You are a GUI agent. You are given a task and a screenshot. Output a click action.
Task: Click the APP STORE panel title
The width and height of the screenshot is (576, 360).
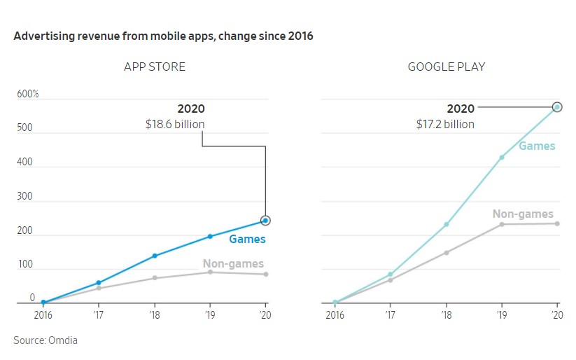click(x=155, y=67)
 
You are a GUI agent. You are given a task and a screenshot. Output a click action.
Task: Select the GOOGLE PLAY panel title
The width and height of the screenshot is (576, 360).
click(x=447, y=67)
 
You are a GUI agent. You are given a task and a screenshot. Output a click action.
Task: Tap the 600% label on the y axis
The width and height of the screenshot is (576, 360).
click(x=27, y=95)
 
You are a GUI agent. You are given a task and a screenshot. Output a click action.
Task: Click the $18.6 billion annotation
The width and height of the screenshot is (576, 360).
click(x=175, y=124)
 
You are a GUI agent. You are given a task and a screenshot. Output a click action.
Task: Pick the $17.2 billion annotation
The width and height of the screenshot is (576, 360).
click(x=444, y=124)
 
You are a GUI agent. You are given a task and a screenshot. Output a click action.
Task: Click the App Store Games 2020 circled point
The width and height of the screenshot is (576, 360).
click(x=265, y=221)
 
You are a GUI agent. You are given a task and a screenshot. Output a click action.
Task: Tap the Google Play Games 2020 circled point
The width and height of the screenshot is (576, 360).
click(x=557, y=107)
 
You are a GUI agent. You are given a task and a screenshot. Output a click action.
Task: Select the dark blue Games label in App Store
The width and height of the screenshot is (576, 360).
click(x=247, y=240)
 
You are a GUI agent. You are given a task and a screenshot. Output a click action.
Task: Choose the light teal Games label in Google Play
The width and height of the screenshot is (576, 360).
click(x=537, y=146)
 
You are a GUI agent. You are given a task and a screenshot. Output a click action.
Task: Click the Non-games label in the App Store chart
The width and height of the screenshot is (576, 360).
click(x=233, y=264)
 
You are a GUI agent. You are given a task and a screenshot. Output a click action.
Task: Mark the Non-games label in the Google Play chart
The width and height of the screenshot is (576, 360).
click(x=523, y=214)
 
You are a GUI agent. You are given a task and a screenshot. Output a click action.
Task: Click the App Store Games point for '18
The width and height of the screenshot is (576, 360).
click(x=154, y=256)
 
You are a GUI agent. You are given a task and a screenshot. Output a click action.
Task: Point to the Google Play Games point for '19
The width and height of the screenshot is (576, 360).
click(x=501, y=158)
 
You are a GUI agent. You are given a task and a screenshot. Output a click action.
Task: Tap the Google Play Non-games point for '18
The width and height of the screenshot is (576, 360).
click(x=446, y=252)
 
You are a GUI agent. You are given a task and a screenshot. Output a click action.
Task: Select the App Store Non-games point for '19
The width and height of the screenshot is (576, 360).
click(x=209, y=272)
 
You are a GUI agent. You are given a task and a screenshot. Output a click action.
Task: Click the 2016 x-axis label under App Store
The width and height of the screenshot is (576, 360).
click(x=43, y=314)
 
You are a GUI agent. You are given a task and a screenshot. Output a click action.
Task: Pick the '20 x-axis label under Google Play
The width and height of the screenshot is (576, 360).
click(x=557, y=314)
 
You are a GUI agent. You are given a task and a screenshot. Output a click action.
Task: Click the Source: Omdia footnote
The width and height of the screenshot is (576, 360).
click(x=45, y=340)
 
